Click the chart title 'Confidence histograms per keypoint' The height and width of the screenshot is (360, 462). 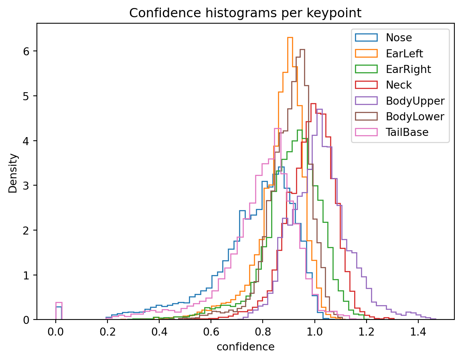(x=245, y=13)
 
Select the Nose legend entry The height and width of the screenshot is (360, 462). (x=399, y=38)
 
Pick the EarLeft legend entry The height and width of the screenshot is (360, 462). (x=404, y=53)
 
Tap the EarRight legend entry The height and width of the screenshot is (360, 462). (x=408, y=69)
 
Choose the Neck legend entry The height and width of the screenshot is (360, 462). (x=399, y=85)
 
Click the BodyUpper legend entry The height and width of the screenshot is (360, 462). (x=415, y=101)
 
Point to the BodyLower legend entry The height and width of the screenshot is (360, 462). (x=415, y=116)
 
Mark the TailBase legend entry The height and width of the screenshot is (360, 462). (x=407, y=132)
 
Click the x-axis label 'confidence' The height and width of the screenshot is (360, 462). (x=245, y=347)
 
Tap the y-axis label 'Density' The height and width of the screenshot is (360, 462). (x=13, y=173)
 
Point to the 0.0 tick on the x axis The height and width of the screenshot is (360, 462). (x=56, y=332)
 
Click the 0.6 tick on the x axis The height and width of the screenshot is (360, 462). (x=211, y=332)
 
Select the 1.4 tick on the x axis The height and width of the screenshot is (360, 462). (x=418, y=332)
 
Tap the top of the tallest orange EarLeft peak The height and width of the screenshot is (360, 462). (x=290, y=38)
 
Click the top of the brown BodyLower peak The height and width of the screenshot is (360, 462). (x=302, y=50)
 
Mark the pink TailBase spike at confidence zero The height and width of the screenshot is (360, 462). (x=59, y=302)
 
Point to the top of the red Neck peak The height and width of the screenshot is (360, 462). (x=313, y=103)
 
